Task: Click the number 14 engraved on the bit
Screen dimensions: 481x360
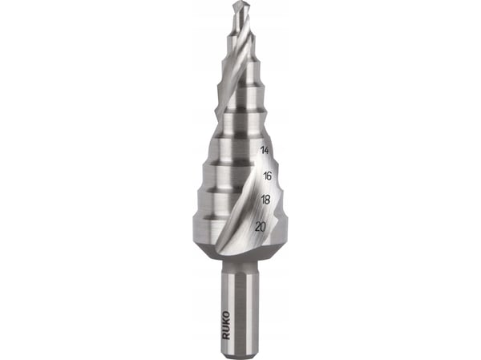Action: (265, 151)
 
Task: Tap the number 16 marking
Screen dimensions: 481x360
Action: (267, 176)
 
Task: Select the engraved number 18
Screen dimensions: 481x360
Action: (265, 200)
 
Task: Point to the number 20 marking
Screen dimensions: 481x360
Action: (261, 228)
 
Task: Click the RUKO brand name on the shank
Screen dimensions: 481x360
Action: (226, 325)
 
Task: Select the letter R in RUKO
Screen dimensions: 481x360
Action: (226, 336)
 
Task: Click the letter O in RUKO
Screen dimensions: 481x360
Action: (226, 314)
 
